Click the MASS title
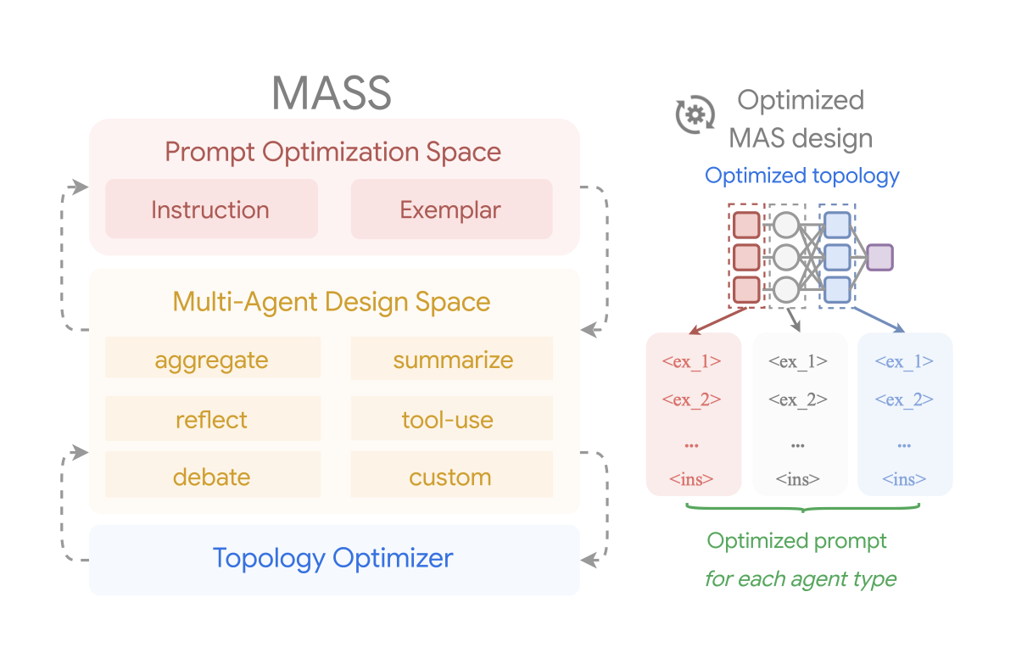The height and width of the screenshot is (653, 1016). (x=332, y=93)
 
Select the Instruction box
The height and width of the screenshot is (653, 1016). (x=210, y=209)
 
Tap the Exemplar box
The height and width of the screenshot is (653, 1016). (x=451, y=209)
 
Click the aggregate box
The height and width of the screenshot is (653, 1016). (x=212, y=360)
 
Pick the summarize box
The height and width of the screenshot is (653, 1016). (x=452, y=360)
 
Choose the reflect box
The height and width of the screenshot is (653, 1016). (x=212, y=420)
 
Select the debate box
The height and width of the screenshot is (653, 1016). (x=212, y=476)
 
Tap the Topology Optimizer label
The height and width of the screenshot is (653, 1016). (x=333, y=559)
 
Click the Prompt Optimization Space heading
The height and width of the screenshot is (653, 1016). (x=332, y=153)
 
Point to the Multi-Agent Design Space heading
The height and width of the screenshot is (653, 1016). (x=332, y=302)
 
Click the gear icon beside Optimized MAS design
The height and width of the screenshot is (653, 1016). (x=695, y=115)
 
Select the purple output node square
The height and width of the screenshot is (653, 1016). (x=880, y=256)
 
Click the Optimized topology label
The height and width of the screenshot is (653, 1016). (x=802, y=176)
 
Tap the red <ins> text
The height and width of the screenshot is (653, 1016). (x=691, y=479)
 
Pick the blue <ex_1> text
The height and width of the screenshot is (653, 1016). (x=904, y=361)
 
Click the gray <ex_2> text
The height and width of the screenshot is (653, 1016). (x=798, y=399)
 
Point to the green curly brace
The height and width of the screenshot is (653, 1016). (x=802, y=508)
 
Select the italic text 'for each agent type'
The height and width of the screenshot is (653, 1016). (x=801, y=579)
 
